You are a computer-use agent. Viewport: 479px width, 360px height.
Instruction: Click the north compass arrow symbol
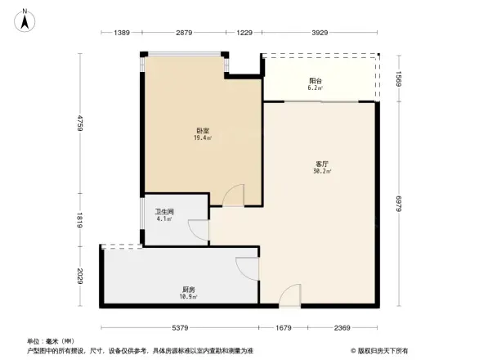tap(25, 20)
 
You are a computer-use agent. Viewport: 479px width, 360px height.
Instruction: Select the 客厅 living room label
tap(320, 164)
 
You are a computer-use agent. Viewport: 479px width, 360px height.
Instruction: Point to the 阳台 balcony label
tap(316, 80)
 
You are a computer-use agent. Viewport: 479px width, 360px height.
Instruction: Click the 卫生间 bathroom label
tap(163, 211)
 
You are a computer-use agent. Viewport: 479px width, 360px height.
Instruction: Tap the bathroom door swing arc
tap(197, 230)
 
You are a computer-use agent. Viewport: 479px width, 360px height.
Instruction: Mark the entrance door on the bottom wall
tap(290, 297)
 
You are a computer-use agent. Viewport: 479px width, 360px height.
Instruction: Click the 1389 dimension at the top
tap(122, 32)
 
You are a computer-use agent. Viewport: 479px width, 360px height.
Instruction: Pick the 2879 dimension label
tap(183, 32)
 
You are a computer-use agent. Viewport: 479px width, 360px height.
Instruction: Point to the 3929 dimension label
tap(320, 32)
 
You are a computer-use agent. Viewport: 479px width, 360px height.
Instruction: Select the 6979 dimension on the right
tap(400, 203)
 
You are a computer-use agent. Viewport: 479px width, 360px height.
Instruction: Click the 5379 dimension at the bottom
tap(181, 328)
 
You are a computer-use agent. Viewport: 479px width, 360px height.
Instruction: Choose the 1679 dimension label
tap(282, 328)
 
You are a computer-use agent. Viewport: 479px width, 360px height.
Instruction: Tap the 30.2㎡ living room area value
tap(320, 172)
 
